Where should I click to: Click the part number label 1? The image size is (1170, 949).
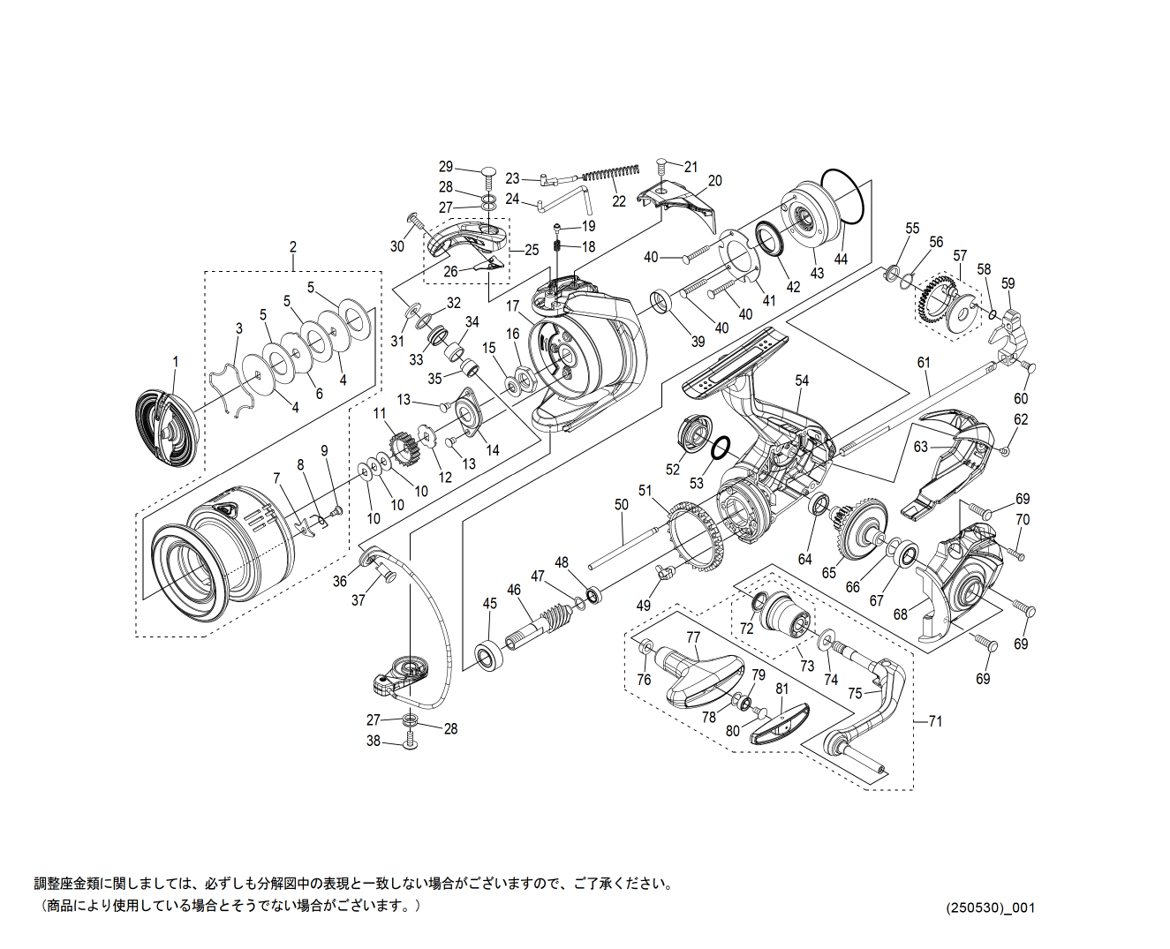point(175,362)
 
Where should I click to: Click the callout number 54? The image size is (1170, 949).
point(802,380)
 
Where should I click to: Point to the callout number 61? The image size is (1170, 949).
point(924,363)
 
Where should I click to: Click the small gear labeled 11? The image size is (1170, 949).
point(403,448)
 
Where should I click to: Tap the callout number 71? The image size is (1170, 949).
point(935,721)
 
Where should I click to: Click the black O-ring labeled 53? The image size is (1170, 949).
point(720,448)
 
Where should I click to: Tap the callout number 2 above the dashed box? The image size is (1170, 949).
point(293,247)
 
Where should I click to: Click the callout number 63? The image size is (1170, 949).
point(921,447)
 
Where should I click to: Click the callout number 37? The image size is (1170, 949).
point(358,600)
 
